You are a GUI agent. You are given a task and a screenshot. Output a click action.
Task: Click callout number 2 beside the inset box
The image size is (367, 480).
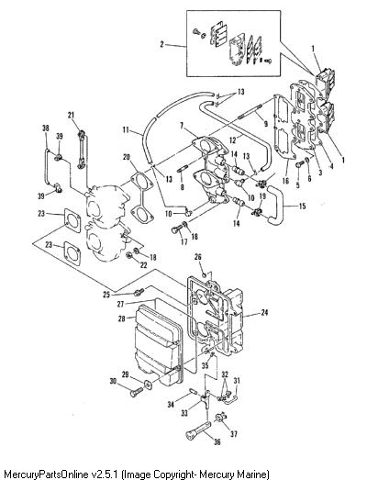(161, 44)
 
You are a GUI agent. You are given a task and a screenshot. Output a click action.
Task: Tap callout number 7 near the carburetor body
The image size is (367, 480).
(182, 126)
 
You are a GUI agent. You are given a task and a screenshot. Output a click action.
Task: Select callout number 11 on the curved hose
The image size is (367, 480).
(126, 129)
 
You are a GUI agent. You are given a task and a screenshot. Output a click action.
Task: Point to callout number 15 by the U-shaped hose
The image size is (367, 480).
(303, 206)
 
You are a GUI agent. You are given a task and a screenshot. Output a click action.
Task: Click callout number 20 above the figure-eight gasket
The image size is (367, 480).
(126, 157)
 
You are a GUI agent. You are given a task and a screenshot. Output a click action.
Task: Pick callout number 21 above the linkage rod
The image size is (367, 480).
(71, 115)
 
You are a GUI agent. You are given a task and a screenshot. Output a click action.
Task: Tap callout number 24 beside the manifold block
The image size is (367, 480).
(264, 312)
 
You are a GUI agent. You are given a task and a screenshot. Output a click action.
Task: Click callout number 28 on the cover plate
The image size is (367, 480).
(121, 318)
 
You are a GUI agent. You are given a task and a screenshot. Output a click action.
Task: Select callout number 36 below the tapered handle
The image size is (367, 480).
(217, 441)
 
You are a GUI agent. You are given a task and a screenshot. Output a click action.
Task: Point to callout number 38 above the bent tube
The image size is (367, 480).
(45, 128)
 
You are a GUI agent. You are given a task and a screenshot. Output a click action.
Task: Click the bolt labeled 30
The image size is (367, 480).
(136, 392)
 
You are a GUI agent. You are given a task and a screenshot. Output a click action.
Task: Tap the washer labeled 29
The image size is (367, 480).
(148, 384)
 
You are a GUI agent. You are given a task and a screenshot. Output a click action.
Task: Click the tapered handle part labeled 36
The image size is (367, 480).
(198, 430)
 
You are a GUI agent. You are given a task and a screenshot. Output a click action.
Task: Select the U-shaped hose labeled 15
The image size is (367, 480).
(275, 205)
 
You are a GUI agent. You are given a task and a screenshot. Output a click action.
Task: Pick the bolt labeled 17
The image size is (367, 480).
(177, 229)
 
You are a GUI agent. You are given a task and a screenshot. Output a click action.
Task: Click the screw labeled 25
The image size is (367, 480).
(139, 292)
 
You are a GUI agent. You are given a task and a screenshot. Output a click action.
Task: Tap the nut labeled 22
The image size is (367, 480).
(129, 255)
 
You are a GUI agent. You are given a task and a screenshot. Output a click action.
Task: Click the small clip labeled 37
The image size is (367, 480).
(221, 418)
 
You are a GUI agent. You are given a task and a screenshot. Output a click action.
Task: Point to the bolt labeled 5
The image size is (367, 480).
(299, 164)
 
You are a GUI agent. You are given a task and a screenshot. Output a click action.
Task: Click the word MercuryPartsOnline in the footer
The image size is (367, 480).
(46, 474)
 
